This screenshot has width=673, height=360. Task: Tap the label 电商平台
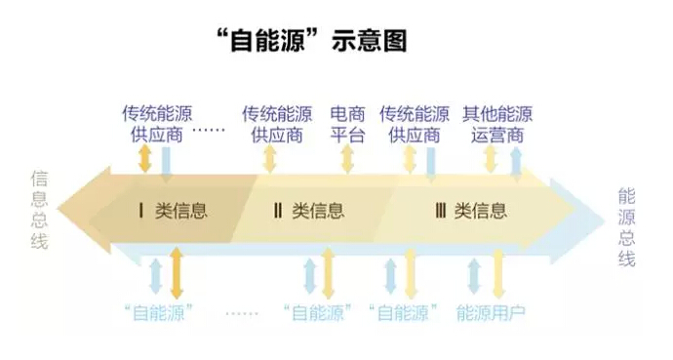pyautogui.click(x=348, y=124)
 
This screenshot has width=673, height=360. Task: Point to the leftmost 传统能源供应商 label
pyautogui.click(x=157, y=124)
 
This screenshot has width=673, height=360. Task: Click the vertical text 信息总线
pyautogui.click(x=40, y=210)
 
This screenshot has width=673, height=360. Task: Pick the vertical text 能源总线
pyautogui.click(x=626, y=226)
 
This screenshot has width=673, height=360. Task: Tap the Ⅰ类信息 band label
pyautogui.click(x=174, y=210)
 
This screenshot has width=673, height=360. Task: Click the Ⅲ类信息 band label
pyautogui.click(x=471, y=210)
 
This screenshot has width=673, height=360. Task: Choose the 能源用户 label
pyautogui.click(x=491, y=313)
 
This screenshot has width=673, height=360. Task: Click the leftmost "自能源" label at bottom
pyautogui.click(x=155, y=313)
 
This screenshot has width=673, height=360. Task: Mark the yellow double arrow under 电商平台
pyautogui.click(x=347, y=159)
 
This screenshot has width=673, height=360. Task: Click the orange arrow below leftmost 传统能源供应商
pyautogui.click(x=144, y=159)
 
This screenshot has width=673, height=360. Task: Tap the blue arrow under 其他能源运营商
pyautogui.click(x=516, y=161)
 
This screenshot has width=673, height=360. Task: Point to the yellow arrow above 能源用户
pyautogui.click(x=498, y=274)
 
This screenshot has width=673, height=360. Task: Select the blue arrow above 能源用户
pyautogui.click(x=475, y=276)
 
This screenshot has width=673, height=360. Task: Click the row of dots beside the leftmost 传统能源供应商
pyautogui.click(x=208, y=130)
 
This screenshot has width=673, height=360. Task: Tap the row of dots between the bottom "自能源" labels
pyautogui.click(x=243, y=314)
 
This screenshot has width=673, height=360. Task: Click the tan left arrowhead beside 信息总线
pyautogui.click(x=73, y=210)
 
